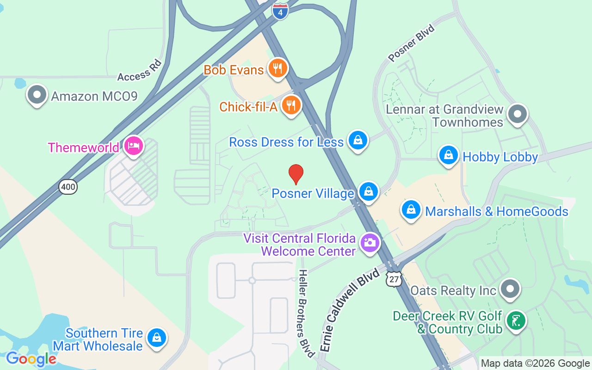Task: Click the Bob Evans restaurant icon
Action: [x=277, y=68]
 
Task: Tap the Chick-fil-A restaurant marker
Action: [x=291, y=105]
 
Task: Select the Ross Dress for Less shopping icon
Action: [x=358, y=140]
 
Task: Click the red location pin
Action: [x=296, y=174]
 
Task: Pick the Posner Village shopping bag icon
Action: [x=368, y=191]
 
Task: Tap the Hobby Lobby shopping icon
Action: [x=448, y=156]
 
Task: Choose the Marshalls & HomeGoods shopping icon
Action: [x=411, y=210]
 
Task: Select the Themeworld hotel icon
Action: [x=134, y=146]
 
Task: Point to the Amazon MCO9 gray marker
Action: [x=37, y=95]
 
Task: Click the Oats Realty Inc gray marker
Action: [x=510, y=289]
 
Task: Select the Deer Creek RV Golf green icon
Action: [x=516, y=321]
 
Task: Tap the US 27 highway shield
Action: [x=394, y=279]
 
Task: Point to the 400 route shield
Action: [x=68, y=187]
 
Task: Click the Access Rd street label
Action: [x=140, y=70]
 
